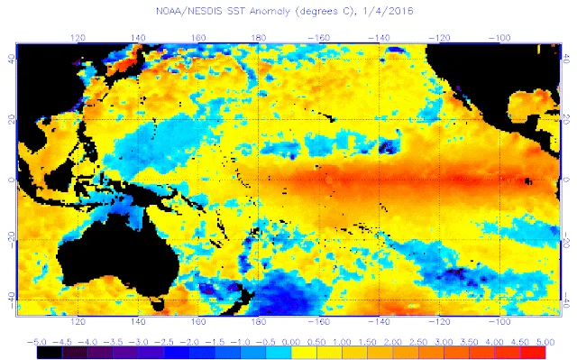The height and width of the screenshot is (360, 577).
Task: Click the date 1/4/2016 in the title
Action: tap(388, 11)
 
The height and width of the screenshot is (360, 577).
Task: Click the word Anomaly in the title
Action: tap(270, 12)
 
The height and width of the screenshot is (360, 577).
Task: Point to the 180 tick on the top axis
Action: tap(259, 38)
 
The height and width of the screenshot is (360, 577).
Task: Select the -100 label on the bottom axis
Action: tap(499, 322)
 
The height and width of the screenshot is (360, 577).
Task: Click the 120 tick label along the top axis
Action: tap(78, 38)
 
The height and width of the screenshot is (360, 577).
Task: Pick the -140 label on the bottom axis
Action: tap(379, 322)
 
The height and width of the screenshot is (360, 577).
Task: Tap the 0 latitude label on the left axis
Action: tap(12, 180)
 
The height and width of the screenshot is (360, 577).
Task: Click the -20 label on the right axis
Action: tap(566, 240)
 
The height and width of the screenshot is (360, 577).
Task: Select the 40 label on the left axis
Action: tap(12, 60)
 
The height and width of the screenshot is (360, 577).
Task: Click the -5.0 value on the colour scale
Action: tap(36, 342)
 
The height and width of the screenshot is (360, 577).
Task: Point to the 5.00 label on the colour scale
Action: tap(545, 342)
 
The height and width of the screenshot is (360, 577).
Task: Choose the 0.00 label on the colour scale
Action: tap(290, 342)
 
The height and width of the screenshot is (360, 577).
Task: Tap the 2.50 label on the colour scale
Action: tap(418, 342)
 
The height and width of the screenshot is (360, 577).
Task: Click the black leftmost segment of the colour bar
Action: tap(50, 353)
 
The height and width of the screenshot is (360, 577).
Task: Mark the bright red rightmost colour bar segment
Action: tap(533, 353)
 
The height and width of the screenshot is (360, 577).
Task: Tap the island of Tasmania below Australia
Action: tap(158, 304)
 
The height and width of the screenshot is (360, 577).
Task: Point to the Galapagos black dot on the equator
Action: tap(528, 180)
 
